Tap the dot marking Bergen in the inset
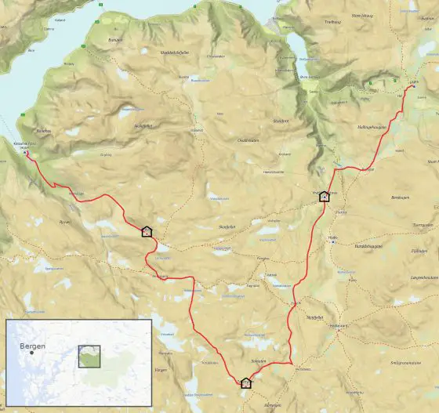click(32, 353)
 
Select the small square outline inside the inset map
click(89, 357)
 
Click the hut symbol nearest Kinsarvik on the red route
click(146, 231)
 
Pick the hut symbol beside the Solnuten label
click(245, 382)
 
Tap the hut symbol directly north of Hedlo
click(324, 197)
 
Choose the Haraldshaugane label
click(368, 246)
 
